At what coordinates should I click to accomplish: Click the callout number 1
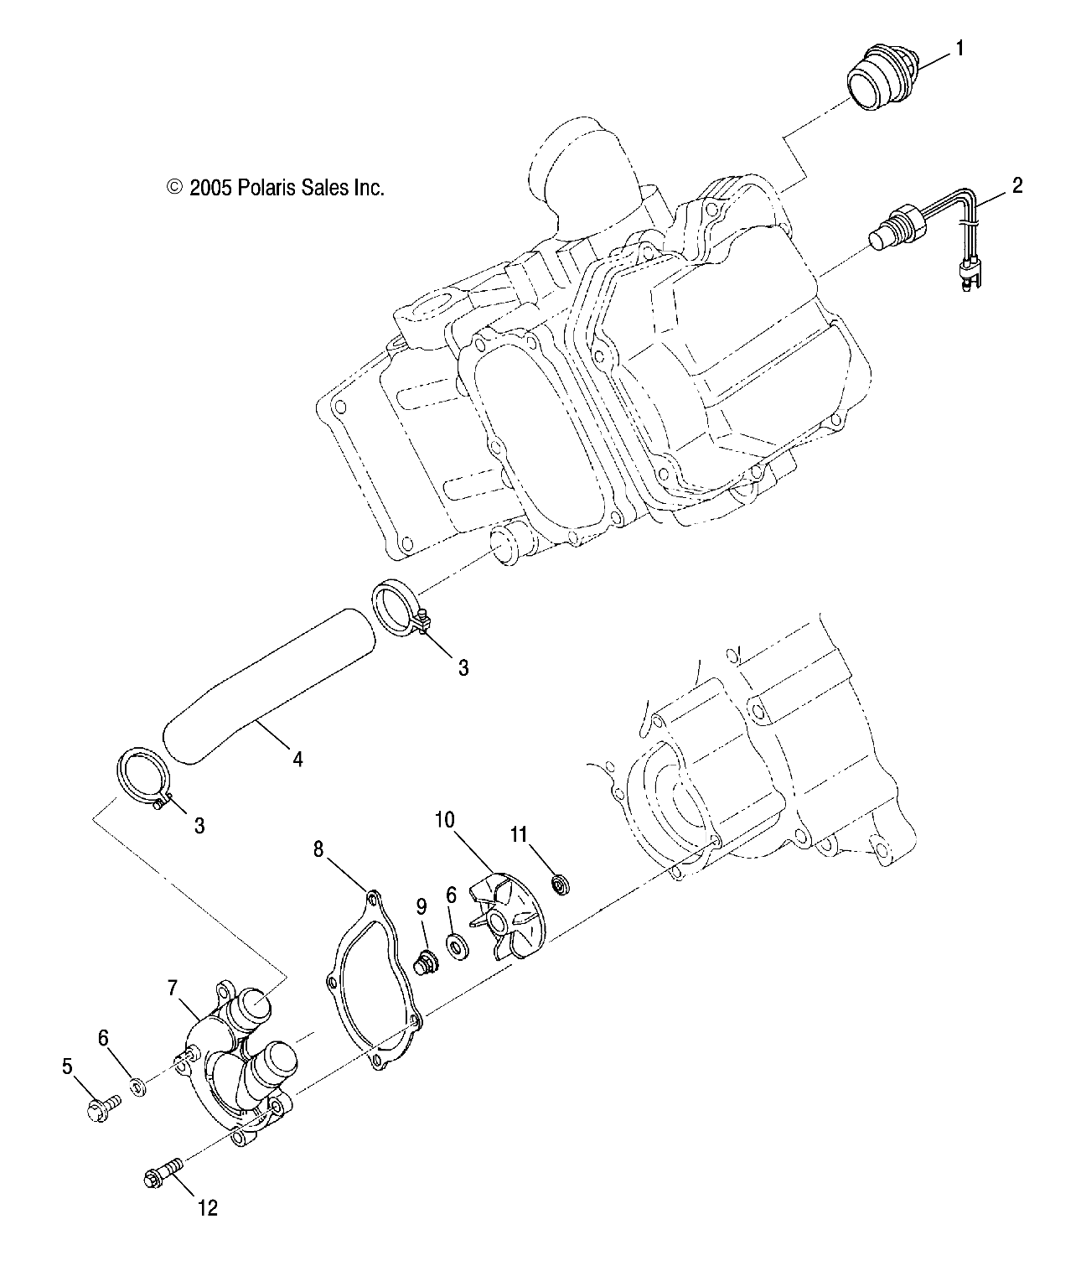tap(960, 49)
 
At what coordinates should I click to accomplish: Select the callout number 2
tap(1016, 185)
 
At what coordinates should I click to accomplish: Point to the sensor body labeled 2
tap(897, 231)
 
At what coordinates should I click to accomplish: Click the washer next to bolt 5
tap(137, 1087)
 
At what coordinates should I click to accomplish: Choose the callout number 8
tap(318, 849)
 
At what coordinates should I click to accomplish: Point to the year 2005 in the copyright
tap(209, 187)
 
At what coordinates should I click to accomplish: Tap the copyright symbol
tap(174, 187)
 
